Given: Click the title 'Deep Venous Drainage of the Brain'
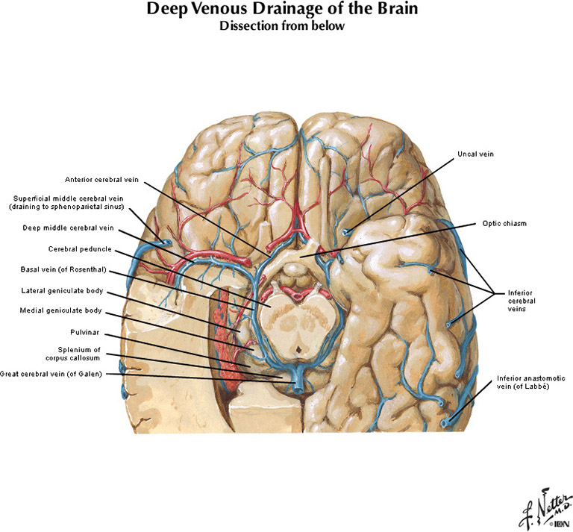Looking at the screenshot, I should pos(286,10).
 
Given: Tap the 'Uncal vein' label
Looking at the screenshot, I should pos(475,154).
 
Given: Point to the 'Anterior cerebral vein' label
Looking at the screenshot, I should pos(101,179).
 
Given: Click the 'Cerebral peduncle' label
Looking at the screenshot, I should pos(81,248).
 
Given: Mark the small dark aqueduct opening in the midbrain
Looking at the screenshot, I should pos(298,348).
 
